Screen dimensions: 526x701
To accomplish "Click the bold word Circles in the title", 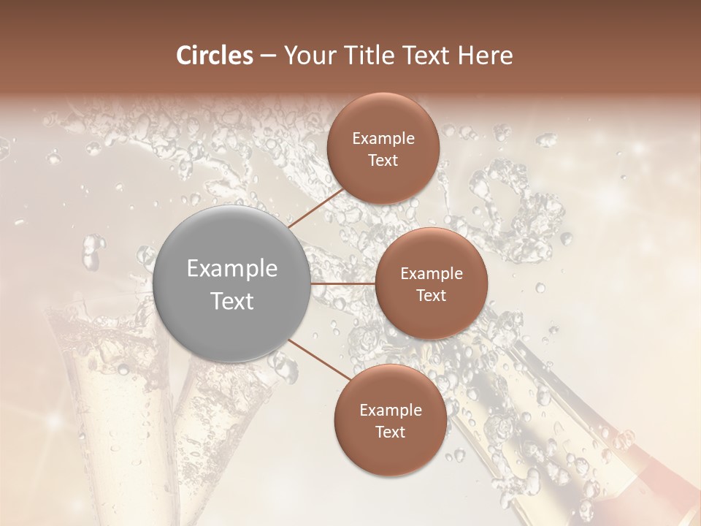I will click(x=214, y=56).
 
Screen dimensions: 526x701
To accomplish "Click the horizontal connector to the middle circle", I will click(x=343, y=283).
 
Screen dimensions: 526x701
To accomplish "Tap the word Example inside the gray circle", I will click(x=232, y=269).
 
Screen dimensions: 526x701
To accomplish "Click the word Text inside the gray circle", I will click(x=232, y=301).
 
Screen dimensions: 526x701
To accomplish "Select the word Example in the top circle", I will click(x=383, y=139).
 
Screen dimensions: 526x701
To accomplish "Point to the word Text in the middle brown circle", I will click(x=432, y=296).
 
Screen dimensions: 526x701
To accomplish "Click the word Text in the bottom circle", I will click(x=391, y=432).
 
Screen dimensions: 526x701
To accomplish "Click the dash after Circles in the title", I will click(x=267, y=56).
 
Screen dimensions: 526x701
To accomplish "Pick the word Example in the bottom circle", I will click(x=391, y=411).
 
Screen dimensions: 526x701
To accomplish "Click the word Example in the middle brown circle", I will click(x=432, y=274).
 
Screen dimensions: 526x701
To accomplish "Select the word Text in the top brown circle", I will click(x=383, y=161).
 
